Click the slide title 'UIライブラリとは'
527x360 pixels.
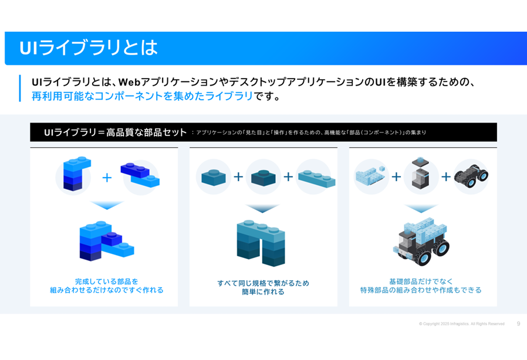(88, 48)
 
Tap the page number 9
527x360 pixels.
(518, 324)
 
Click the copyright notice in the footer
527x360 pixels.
(461, 324)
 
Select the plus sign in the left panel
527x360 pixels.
(107, 178)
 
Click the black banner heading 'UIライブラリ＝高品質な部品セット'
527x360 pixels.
(115, 133)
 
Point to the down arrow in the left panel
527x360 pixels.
(106, 205)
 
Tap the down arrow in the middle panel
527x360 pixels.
(262, 209)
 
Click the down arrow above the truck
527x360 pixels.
(421, 209)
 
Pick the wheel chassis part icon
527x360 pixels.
(471, 175)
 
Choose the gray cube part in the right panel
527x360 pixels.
(421, 174)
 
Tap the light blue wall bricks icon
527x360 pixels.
(370, 175)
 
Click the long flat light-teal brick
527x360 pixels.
(316, 177)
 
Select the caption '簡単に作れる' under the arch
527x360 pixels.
(263, 292)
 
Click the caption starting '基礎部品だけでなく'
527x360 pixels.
(421, 281)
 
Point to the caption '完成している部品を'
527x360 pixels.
(106, 281)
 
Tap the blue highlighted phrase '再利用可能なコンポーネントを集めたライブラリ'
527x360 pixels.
(142, 96)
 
